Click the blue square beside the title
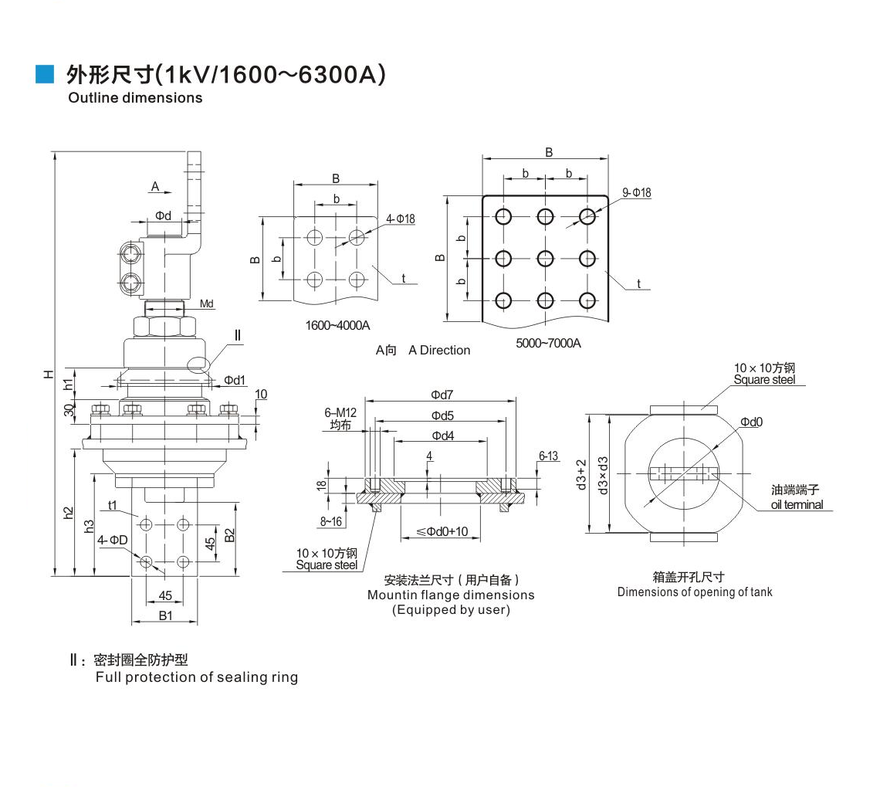46,74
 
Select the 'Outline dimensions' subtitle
135,98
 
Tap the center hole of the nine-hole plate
545,259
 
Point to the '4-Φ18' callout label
401,219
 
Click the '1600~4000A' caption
338,326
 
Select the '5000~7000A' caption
548,343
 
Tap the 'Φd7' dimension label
442,395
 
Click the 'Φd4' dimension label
442,436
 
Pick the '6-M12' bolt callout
340,413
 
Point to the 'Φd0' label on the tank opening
751,422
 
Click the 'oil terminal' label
797,505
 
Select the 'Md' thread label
207,304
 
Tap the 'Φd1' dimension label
235,380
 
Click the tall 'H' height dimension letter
49,374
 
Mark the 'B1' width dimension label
166,615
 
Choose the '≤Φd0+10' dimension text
442,531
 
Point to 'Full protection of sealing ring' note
196,677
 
